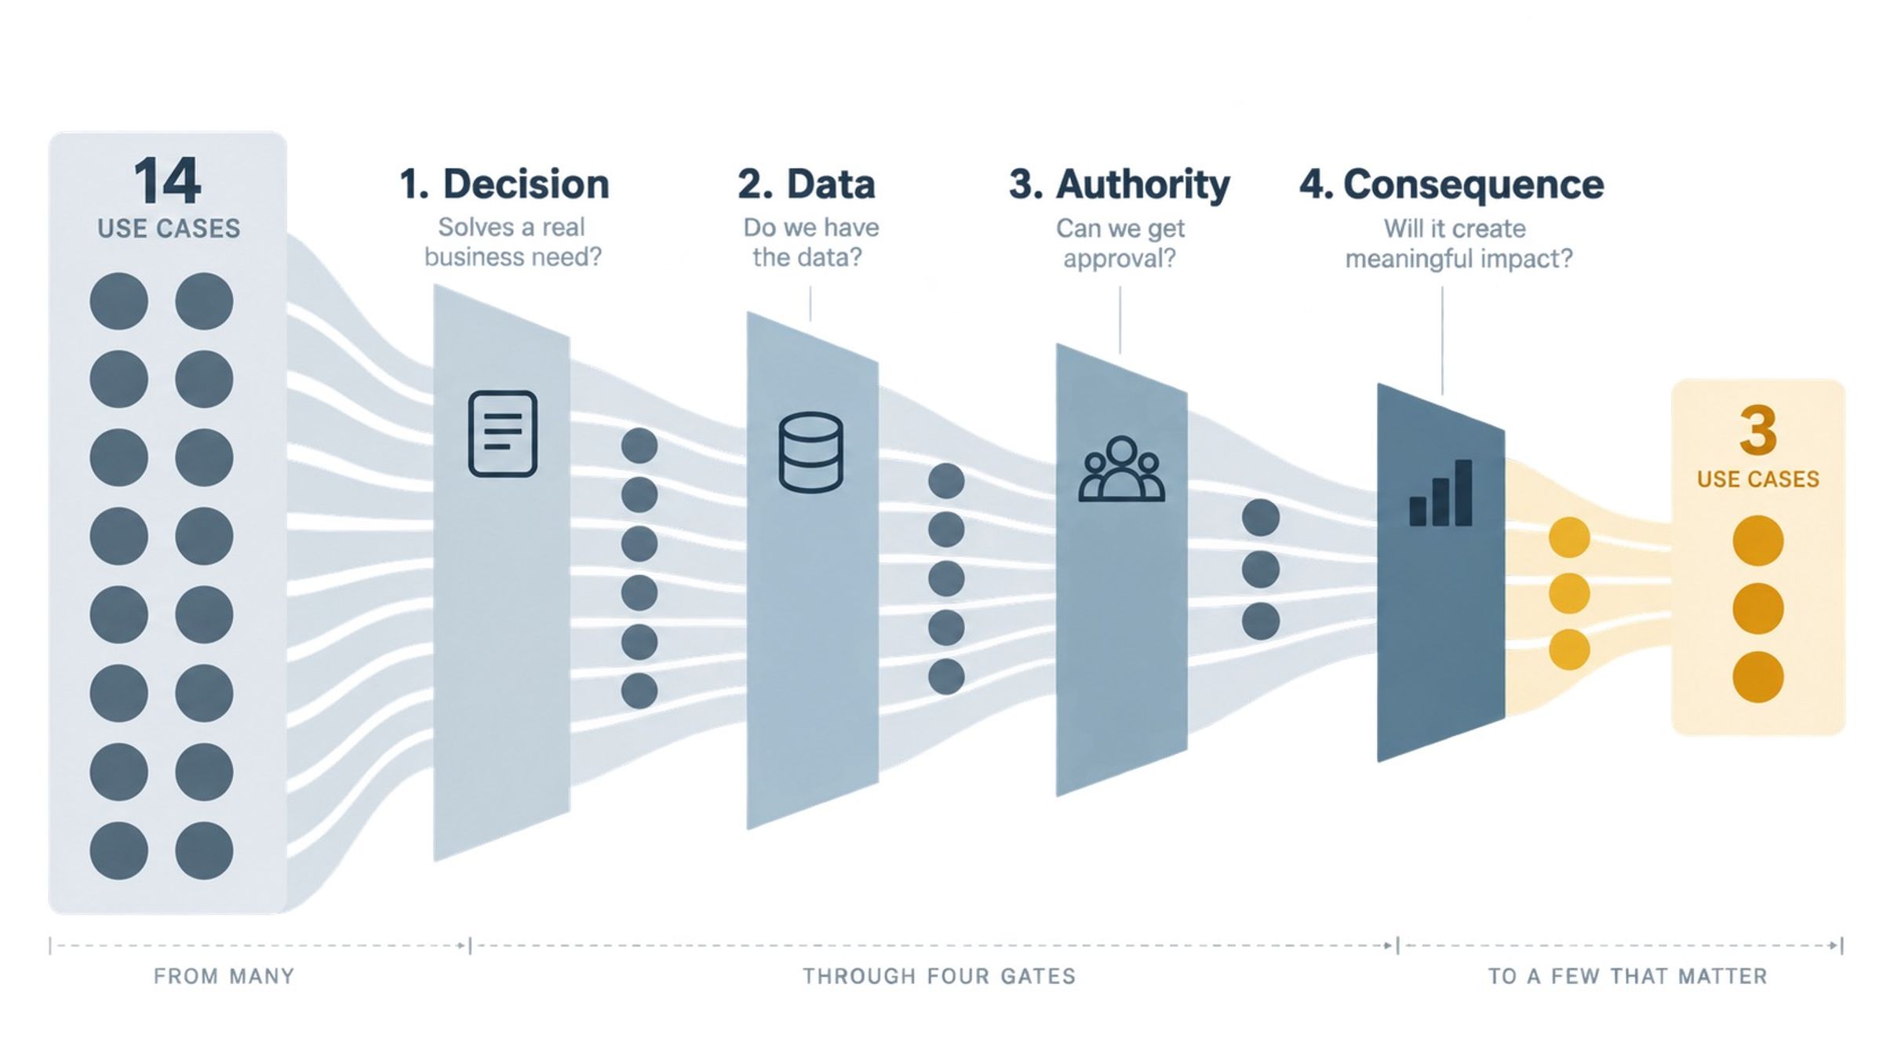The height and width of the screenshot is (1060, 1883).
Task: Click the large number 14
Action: (167, 181)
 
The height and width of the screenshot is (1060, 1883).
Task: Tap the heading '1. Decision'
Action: (504, 184)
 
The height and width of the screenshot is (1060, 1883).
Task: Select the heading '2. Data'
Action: (807, 184)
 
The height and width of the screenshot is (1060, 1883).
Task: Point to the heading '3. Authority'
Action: (1120, 185)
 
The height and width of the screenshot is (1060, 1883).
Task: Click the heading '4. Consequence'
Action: (1452, 185)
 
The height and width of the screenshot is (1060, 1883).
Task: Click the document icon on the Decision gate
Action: (503, 434)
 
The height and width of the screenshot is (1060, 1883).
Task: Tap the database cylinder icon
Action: (811, 453)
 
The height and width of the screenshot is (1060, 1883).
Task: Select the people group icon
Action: (1122, 468)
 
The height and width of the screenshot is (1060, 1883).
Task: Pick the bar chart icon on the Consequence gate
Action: (1440, 494)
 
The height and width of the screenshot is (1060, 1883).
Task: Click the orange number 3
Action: (1757, 430)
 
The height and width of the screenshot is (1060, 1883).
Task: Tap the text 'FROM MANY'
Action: (224, 976)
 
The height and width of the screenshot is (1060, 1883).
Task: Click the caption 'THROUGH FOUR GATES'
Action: (939, 976)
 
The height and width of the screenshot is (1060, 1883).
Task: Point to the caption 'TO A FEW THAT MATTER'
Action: (1628, 976)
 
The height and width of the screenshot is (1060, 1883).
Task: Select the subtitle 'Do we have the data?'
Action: (811, 242)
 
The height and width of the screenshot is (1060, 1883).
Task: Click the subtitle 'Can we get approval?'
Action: (1120, 243)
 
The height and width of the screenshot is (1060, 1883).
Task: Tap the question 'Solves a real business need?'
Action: (512, 242)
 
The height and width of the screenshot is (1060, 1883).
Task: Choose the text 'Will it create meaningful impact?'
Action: (1459, 243)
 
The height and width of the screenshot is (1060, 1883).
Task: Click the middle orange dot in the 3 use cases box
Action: (1757, 608)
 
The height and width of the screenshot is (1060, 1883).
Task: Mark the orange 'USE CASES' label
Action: (1757, 479)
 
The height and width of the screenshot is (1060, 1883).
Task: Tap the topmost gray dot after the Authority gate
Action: (1261, 518)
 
